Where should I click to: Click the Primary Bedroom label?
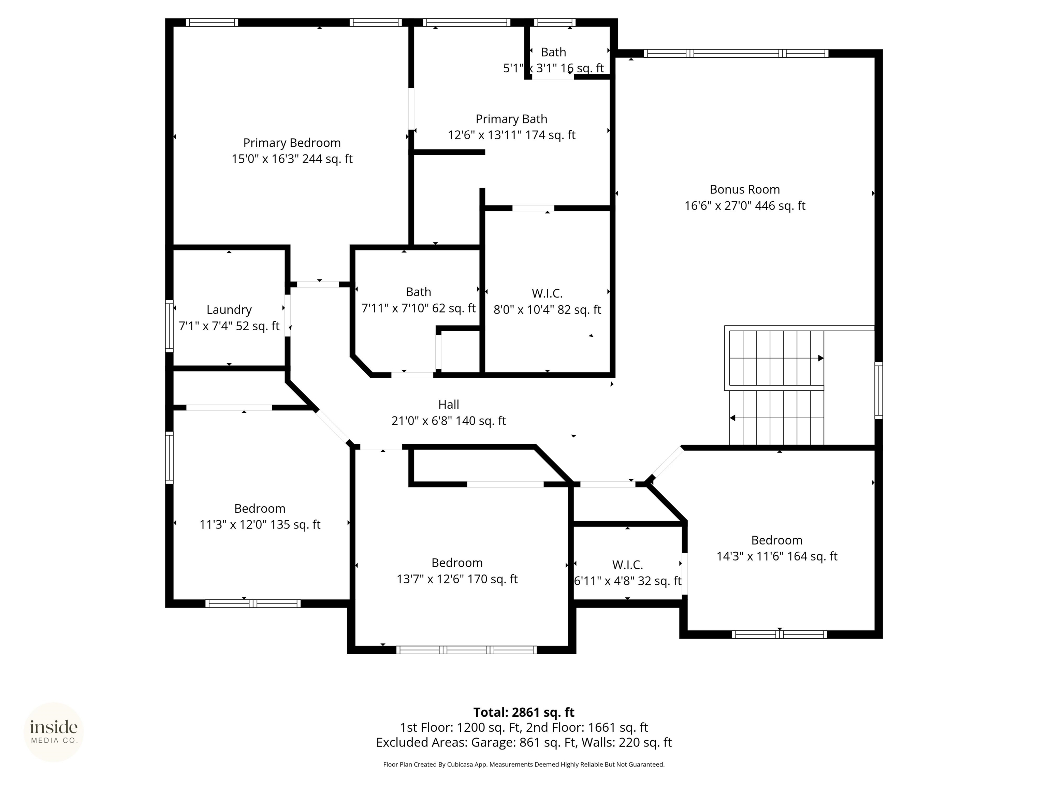tap(292, 143)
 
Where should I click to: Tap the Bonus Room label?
tap(745, 190)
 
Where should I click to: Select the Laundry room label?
tap(229, 310)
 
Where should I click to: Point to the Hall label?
tap(449, 405)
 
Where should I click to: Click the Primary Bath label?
tap(511, 119)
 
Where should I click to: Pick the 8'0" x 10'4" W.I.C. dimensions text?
tap(547, 310)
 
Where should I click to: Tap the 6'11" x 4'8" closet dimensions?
tap(628, 581)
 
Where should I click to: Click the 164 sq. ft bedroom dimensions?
tap(777, 556)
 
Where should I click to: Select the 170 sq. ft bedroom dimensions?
tap(457, 579)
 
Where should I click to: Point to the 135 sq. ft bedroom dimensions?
tap(260, 524)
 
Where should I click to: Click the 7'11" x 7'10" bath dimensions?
tap(418, 308)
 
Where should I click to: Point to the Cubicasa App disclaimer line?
tap(524, 764)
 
